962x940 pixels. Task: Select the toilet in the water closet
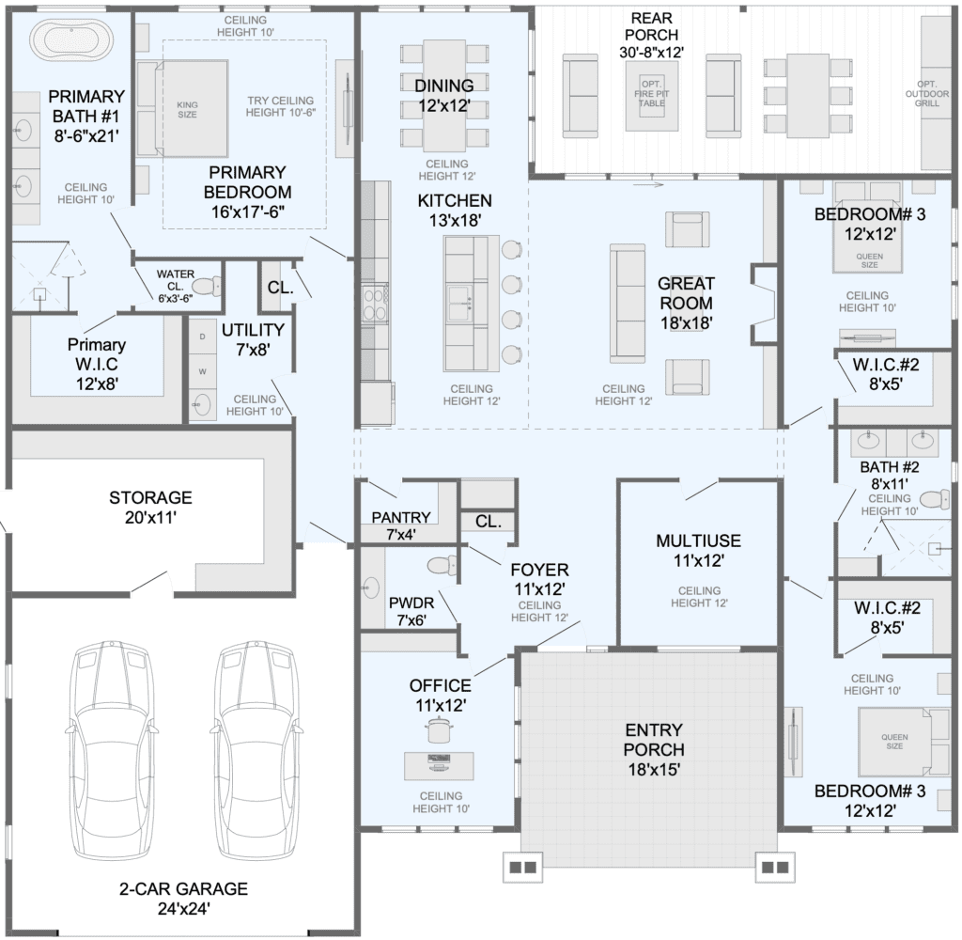point(206,286)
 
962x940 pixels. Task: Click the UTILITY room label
point(253,330)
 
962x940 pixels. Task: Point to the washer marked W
point(203,371)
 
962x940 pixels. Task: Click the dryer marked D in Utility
point(203,337)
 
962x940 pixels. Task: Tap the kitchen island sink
point(459,304)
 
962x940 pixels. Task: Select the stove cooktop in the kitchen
point(375,304)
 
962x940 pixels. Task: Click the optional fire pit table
point(652,95)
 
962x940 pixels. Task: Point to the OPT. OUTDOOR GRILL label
point(926,94)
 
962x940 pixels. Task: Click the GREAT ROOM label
point(686,293)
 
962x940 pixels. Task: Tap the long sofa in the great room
point(627,304)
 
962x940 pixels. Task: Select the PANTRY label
point(401,518)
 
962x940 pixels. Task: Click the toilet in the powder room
point(442,565)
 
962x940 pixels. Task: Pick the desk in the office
point(439,766)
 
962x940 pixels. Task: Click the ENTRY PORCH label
point(654,740)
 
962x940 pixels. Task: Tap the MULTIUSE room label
point(698,540)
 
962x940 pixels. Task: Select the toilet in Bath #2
point(935,498)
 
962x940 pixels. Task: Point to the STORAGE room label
point(150,497)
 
